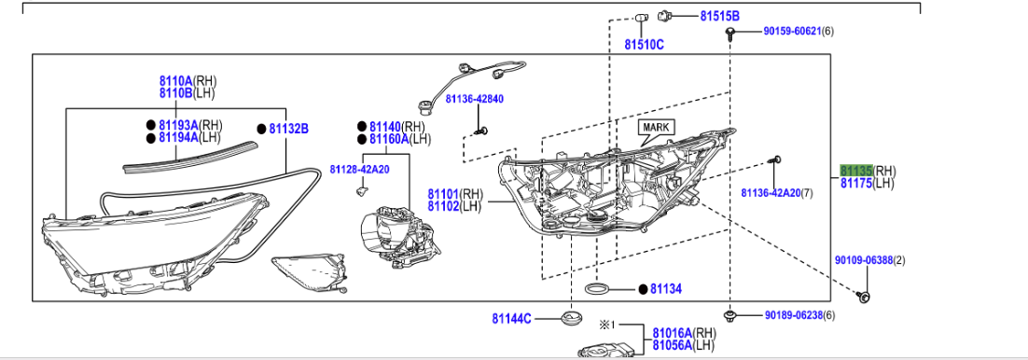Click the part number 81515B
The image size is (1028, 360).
point(719,17)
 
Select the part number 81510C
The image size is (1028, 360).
point(644,44)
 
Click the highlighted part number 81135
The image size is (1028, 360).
point(855,171)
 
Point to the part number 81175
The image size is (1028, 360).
point(855,184)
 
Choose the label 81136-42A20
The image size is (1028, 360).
point(771,193)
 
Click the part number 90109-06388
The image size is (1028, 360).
point(864,260)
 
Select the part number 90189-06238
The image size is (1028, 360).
point(792,316)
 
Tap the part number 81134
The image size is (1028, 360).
point(666,290)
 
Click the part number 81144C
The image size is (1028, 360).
point(512,319)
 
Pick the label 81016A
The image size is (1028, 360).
point(672,332)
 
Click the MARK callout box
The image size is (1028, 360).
point(657,127)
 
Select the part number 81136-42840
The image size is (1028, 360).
point(474,99)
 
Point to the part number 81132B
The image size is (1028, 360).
point(288,129)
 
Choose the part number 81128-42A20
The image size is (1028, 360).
point(359,169)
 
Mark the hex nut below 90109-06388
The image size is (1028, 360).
point(864,297)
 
